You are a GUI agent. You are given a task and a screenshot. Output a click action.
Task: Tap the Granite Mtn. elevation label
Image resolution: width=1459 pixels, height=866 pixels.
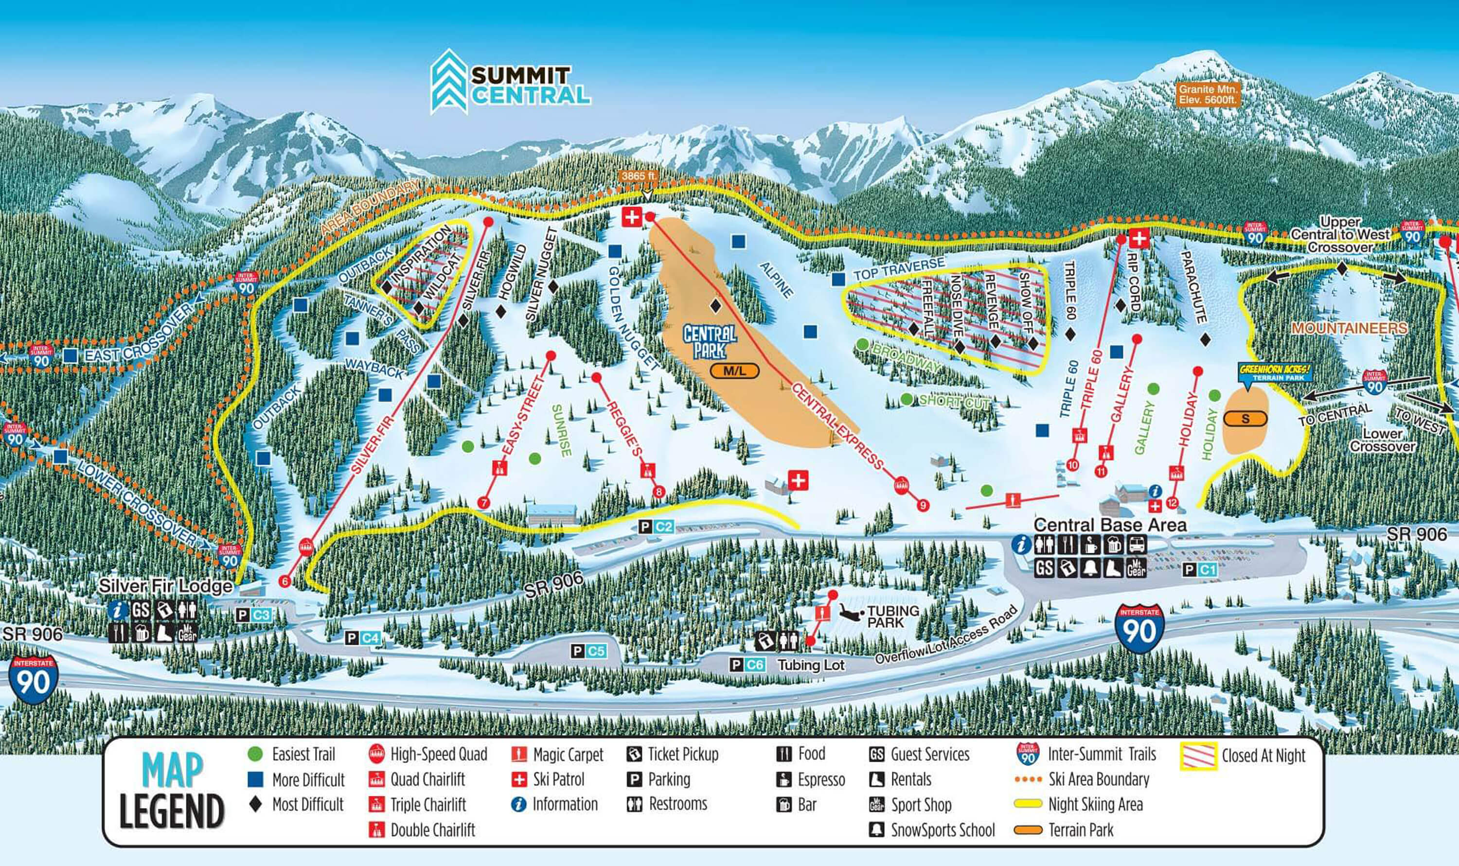tap(1207, 94)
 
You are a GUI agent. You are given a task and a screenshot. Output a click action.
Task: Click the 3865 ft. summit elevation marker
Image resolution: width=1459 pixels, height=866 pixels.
tap(639, 176)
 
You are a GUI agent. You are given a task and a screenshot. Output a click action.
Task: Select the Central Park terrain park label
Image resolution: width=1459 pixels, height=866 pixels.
tap(710, 342)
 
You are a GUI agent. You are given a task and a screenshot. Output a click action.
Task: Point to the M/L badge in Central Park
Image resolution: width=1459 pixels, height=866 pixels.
tap(734, 371)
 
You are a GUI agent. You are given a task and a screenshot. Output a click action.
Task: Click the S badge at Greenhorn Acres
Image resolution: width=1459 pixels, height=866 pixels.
tap(1245, 418)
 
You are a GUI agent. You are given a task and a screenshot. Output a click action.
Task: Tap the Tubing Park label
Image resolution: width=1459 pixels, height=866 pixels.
tap(893, 616)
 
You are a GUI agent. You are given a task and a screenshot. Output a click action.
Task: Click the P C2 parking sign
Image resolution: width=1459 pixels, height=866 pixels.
tap(657, 527)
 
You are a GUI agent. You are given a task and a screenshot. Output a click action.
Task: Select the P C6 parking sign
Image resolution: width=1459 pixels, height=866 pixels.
tap(747, 665)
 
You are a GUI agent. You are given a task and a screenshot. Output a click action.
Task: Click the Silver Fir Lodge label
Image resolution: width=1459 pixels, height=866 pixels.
tap(165, 585)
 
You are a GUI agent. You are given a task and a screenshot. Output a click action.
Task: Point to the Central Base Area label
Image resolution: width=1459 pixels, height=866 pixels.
tap(1110, 525)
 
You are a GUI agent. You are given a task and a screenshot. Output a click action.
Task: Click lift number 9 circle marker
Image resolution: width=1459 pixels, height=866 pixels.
tap(923, 505)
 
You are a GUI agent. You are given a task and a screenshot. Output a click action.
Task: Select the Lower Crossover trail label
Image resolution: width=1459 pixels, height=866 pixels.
tap(1382, 440)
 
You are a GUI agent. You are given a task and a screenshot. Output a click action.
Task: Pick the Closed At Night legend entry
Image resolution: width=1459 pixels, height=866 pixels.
tap(1263, 756)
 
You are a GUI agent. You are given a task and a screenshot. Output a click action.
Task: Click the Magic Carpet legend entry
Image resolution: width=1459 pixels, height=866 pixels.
tap(567, 755)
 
